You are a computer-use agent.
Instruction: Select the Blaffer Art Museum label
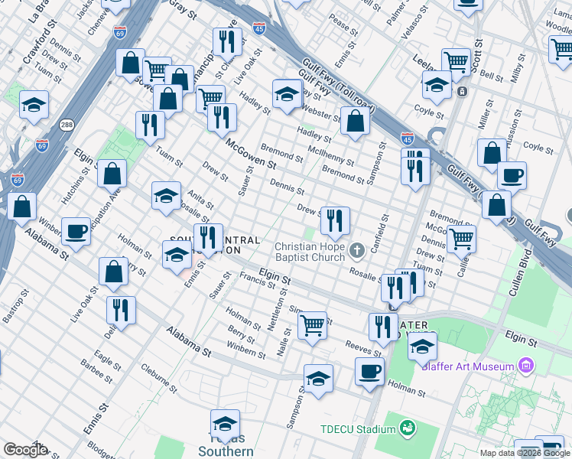[x=468, y=366]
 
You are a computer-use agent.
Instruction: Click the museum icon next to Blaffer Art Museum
[x=525, y=366]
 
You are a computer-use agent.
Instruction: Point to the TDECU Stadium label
[x=353, y=428]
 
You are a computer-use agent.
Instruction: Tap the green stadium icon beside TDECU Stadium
[x=407, y=428]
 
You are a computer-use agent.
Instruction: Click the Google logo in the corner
[x=26, y=449]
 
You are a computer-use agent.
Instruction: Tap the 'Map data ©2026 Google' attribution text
[x=525, y=454]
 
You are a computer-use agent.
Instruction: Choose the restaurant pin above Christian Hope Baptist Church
[x=335, y=222]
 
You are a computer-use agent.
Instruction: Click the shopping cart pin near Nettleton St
[x=312, y=325]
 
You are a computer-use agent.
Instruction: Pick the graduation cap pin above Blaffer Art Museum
[x=422, y=346]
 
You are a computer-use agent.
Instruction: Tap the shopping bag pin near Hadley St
[x=355, y=120]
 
